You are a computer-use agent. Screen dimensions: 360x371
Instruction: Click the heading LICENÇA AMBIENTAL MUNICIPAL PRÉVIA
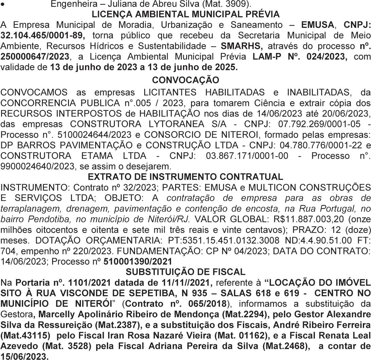tap(185, 15)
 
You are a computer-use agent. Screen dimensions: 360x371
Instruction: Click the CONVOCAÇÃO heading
tap(185, 80)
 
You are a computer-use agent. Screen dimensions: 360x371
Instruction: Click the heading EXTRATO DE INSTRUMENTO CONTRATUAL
tap(185, 177)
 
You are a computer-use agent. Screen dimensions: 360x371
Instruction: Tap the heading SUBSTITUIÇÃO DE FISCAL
tap(185, 272)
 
